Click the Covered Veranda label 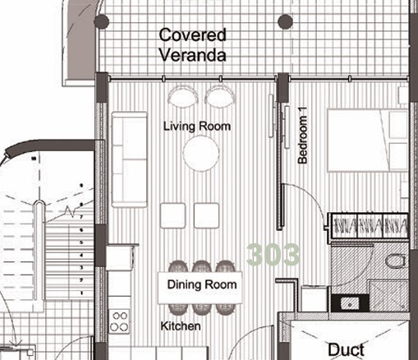[x=193, y=45]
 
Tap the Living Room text [x=197, y=127]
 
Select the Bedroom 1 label [x=303, y=136]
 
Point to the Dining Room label [x=202, y=284]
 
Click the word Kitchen [x=181, y=326]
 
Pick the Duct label [x=346, y=350]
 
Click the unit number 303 [x=273, y=255]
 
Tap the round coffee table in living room [x=201, y=154]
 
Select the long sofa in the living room [x=129, y=159]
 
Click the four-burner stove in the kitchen [x=119, y=321]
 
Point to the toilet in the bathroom [x=396, y=261]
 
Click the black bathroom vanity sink [x=350, y=303]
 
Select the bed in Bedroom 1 [x=368, y=141]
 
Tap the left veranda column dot [x=102, y=21]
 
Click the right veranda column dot [x=285, y=21]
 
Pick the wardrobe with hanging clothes [x=370, y=226]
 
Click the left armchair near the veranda [x=183, y=95]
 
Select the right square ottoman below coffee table [x=206, y=215]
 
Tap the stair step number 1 [x=81, y=293]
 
